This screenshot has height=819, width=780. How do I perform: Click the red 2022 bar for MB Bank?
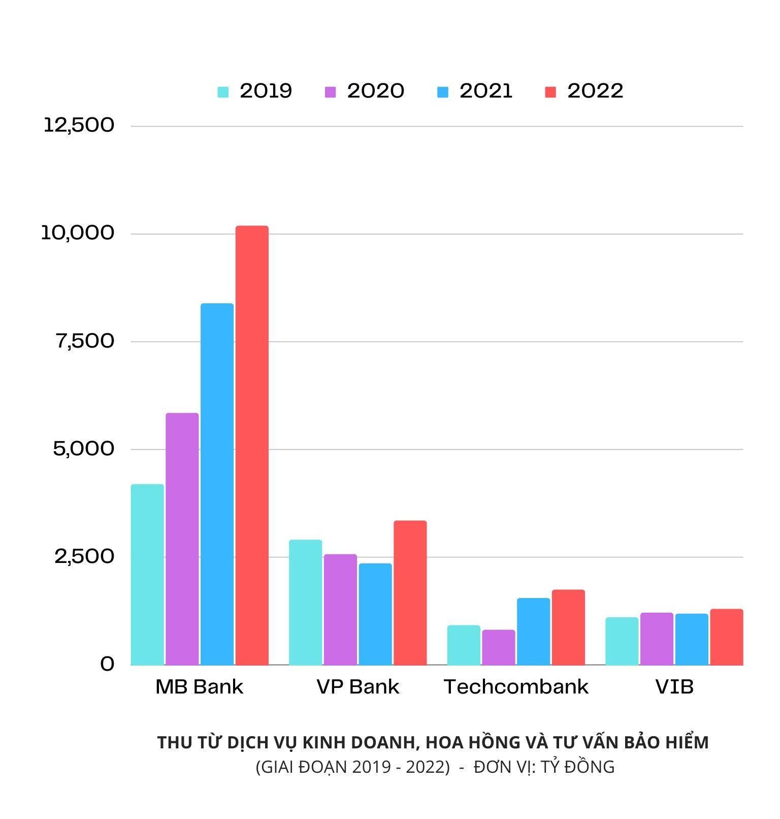click(x=252, y=446)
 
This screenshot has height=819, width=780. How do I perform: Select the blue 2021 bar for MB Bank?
click(x=217, y=484)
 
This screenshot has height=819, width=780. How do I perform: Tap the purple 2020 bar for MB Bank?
click(x=182, y=539)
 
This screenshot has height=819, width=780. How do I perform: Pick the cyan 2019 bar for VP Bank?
click(x=305, y=603)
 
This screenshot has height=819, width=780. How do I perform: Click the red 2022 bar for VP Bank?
click(x=410, y=593)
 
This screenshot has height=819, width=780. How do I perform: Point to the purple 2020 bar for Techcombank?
click(x=498, y=647)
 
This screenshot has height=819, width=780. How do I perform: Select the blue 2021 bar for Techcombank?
click(x=533, y=632)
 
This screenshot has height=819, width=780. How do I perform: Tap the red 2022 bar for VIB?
click(x=726, y=637)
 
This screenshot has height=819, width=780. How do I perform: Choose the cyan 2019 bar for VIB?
click(x=622, y=641)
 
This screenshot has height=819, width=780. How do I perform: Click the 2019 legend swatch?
click(x=223, y=92)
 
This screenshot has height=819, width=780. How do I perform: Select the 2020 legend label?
click(x=375, y=91)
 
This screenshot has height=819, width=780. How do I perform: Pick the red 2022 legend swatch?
click(x=550, y=92)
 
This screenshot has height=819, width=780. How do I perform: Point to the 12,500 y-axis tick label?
click(x=79, y=125)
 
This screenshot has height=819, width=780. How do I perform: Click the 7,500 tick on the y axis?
click(x=85, y=341)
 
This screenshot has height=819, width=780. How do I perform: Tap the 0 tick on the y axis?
click(x=107, y=664)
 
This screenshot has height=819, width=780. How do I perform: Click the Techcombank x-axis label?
click(x=516, y=687)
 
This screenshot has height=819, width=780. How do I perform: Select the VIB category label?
click(x=674, y=687)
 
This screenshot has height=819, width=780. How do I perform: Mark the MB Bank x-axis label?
click(x=199, y=687)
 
